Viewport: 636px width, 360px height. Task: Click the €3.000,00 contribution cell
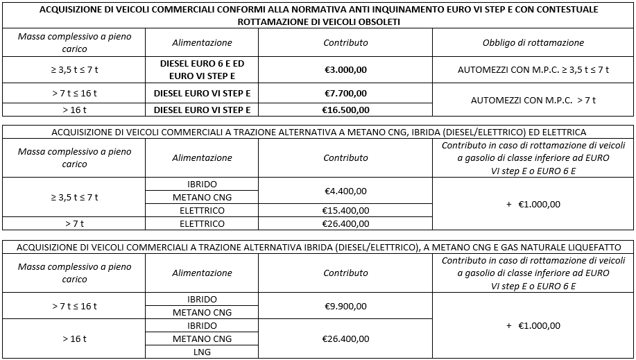(x=345, y=70)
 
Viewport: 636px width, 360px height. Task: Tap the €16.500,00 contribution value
(x=345, y=110)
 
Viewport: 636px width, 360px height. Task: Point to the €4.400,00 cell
(x=345, y=191)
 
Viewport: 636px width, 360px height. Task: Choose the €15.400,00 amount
(x=345, y=211)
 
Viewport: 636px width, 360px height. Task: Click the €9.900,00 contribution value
(x=345, y=306)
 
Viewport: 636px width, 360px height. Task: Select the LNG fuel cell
(x=202, y=352)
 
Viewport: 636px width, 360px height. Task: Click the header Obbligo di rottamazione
(x=533, y=42)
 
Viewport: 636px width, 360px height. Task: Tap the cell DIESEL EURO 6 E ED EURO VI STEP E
(x=202, y=70)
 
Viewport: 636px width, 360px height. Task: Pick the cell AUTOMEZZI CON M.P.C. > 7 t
(x=533, y=101)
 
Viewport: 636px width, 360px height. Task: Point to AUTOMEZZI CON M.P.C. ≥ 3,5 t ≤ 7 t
(x=533, y=70)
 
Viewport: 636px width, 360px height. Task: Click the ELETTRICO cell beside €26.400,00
(x=202, y=223)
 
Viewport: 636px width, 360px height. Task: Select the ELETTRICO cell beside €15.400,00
(x=202, y=211)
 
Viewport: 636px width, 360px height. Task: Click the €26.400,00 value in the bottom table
(x=345, y=338)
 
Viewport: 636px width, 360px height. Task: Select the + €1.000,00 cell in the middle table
(x=533, y=204)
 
